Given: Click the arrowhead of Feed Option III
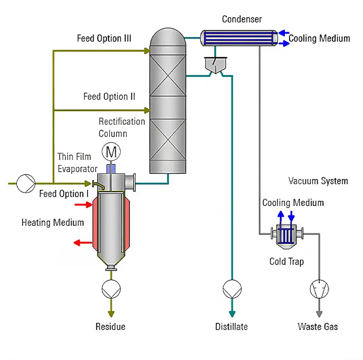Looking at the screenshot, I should coord(147,51).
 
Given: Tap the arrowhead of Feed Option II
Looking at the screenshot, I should coord(147,110).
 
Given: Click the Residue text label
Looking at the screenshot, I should coord(110,326).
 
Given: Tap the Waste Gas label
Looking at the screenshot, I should coord(318,326).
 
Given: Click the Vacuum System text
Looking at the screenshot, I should coord(318,181).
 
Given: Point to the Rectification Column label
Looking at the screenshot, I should coord(122,127).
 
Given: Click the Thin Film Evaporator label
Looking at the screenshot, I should coord(77,162).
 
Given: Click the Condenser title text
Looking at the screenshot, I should coord(241,19).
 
